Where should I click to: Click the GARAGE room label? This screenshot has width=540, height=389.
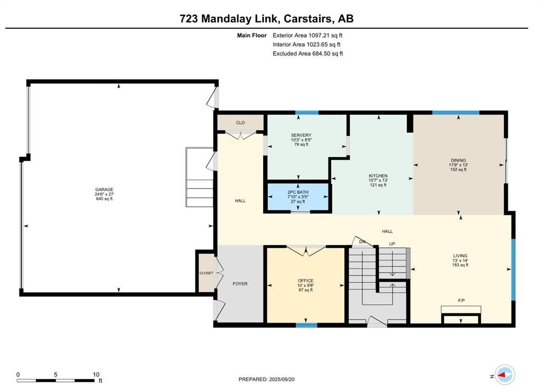tap(104, 189)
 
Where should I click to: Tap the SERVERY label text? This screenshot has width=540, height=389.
tap(301, 135)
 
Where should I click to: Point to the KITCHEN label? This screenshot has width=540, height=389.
tap(378, 176)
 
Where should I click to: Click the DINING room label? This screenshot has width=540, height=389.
tap(458, 161)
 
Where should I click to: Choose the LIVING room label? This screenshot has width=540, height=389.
tap(460, 256)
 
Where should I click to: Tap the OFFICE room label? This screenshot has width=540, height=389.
tap(305, 281)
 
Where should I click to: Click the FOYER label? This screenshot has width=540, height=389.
tap(240, 284)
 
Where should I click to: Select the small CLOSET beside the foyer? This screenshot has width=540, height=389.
tap(206, 273)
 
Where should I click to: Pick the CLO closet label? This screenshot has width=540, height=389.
tap(240, 123)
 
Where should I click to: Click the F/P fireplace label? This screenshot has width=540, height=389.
tap(461, 301)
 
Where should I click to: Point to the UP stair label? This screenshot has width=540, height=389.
tap(392, 244)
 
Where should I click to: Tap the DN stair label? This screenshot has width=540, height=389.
tap(362, 242)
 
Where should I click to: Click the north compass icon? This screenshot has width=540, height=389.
tap(505, 375)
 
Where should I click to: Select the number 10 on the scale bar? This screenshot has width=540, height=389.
tap(96, 375)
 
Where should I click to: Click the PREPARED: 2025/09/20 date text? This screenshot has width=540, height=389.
tap(266, 380)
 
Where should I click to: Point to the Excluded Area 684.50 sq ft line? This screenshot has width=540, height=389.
tap(308, 54)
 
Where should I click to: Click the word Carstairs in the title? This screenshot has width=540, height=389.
tap(308, 18)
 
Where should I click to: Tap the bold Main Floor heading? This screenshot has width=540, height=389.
tap(252, 35)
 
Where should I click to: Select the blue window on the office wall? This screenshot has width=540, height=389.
tap(306, 325)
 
